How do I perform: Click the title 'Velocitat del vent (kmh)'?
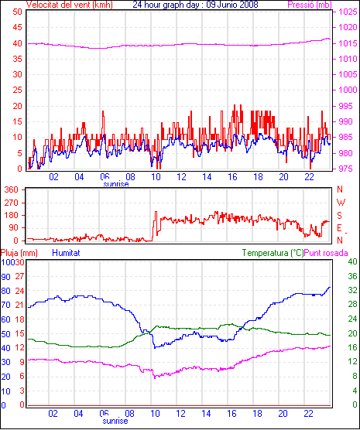coord(69,5)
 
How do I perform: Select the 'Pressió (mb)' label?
coord(310,5)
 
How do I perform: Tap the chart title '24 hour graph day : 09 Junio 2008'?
coord(195,5)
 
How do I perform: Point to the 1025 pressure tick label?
coord(348,12)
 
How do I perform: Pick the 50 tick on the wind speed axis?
coord(17,12)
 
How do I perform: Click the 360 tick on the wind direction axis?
coord(12,189)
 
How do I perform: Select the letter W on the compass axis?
coord(341,203)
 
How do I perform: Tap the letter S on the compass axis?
coord(339,216)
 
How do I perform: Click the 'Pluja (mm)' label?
coord(19,253)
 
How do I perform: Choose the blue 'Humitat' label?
coord(66,253)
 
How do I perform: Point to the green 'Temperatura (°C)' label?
coord(273,253)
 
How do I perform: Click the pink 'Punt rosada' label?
coord(326,253)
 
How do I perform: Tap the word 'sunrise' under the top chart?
coord(116,184)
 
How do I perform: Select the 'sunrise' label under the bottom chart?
coord(115,421)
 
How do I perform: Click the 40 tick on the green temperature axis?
coord(352,261)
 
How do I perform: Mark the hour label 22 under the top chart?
coord(309,177)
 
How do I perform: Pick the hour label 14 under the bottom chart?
coord(206,413)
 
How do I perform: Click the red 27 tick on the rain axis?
coord(20,276)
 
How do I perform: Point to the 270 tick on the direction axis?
coord(12,203)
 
